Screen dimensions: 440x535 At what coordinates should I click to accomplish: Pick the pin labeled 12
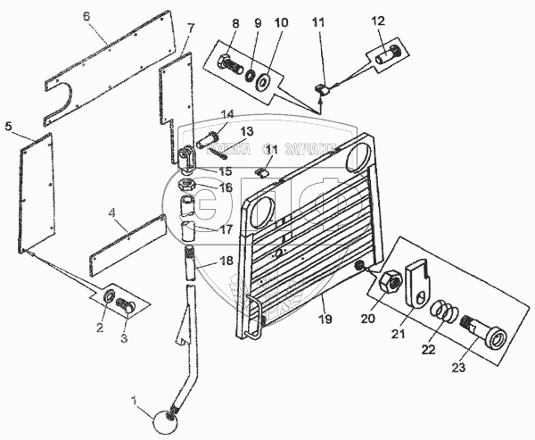385,54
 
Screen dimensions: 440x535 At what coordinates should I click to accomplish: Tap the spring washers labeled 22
445,315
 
